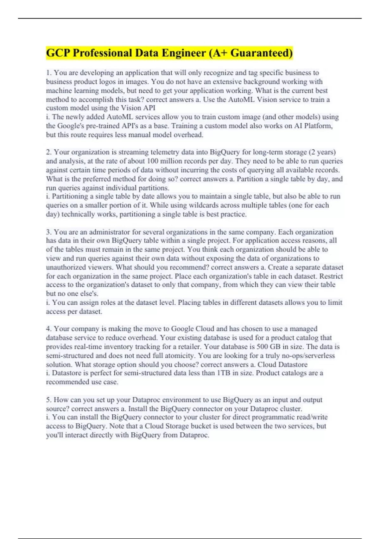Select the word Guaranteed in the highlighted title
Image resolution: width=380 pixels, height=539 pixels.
pyautogui.click(x=261, y=53)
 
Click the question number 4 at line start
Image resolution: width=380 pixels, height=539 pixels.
pyautogui.click(x=48, y=329)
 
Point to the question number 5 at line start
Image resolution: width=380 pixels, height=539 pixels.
pyautogui.click(x=48, y=400)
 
